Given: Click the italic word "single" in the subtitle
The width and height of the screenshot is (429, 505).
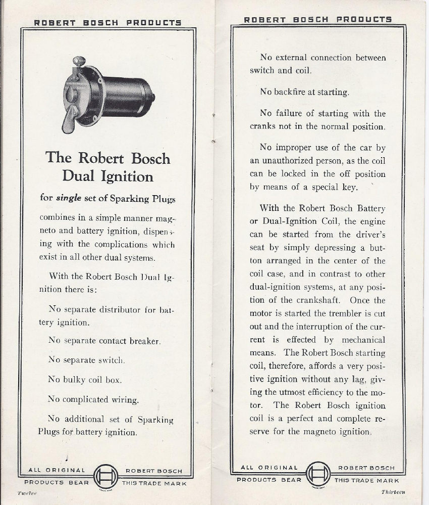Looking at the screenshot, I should (x=68, y=198).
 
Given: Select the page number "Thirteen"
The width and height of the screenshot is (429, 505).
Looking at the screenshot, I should (x=393, y=491).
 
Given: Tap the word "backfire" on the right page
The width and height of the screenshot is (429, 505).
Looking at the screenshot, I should (x=296, y=92).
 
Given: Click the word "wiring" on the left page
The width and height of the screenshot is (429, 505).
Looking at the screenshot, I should (x=124, y=399).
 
